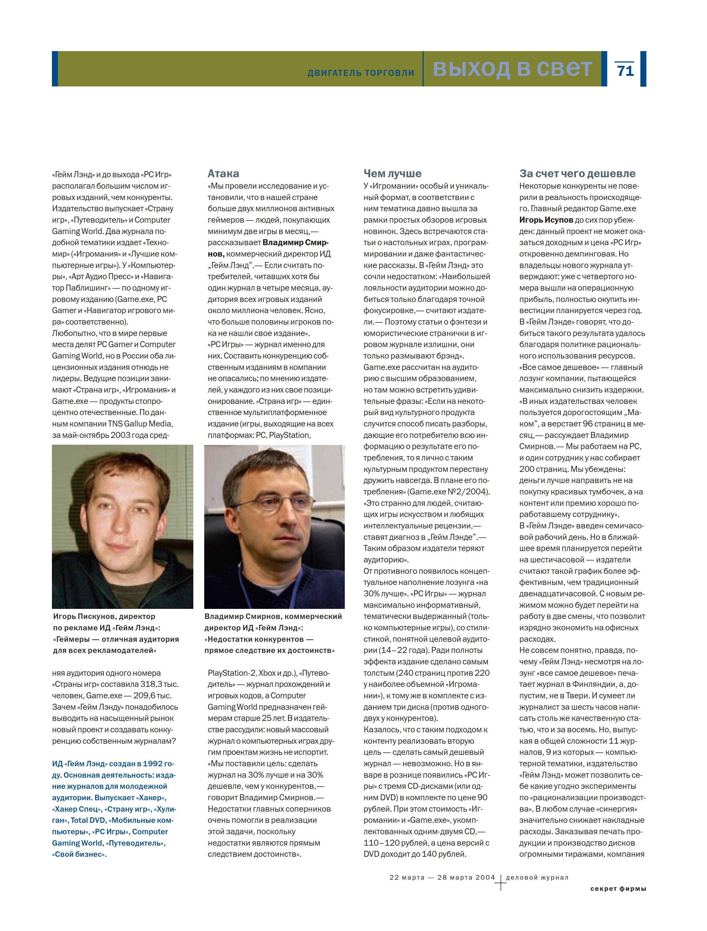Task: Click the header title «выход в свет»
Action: pyautogui.click(x=513, y=68)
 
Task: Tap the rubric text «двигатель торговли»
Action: pyautogui.click(x=361, y=73)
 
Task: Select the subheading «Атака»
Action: pyautogui.click(x=223, y=173)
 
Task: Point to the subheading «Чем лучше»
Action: pyautogui.click(x=392, y=173)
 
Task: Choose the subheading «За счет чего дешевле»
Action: pyautogui.click(x=577, y=173)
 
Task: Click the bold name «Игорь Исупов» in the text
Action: pyautogui.click(x=546, y=220)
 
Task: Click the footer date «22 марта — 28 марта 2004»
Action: pyautogui.click(x=442, y=877)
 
